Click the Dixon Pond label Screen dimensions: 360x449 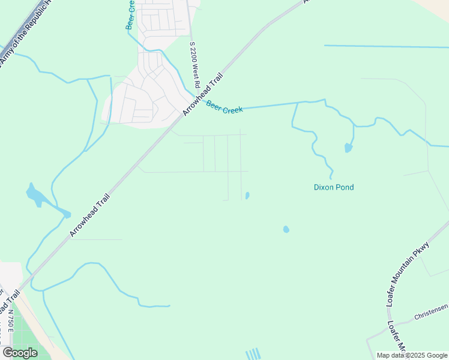point(334,187)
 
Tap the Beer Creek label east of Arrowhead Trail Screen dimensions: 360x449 point(224,108)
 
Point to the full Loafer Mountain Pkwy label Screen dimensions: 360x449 point(408,274)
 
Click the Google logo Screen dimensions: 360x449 point(20,353)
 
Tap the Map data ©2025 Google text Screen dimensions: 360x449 point(412,355)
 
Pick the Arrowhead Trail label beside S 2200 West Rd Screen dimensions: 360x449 point(203,94)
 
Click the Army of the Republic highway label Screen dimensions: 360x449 point(24,30)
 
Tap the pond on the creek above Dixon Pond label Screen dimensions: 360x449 point(348,148)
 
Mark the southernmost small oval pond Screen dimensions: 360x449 point(286,229)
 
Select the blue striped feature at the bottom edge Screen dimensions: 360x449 point(253,354)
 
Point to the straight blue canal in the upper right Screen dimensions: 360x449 point(384,46)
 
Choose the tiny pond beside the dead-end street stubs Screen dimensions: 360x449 point(247,196)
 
